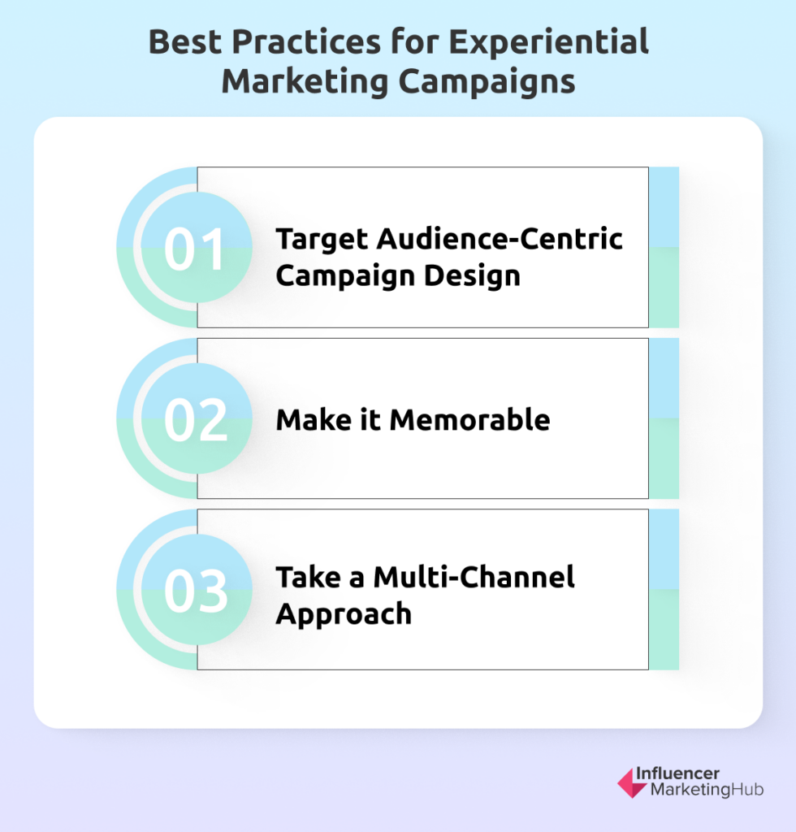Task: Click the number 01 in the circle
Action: pyautogui.click(x=194, y=249)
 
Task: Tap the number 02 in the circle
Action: pyautogui.click(x=196, y=420)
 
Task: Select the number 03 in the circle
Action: pyautogui.click(x=196, y=591)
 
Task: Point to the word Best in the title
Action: pyautogui.click(x=184, y=41)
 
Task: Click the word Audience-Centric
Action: pyautogui.click(x=500, y=238)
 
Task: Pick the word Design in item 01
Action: pyautogui.click(x=472, y=277)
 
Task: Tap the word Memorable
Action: pyautogui.click(x=469, y=420)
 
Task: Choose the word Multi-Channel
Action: pyautogui.click(x=474, y=577)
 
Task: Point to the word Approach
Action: pyautogui.click(x=344, y=615)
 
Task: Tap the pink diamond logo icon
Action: pyautogui.click(x=632, y=782)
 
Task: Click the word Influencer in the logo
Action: pyautogui.click(x=677, y=773)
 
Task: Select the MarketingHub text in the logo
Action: pyautogui.click(x=707, y=790)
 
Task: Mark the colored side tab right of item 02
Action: pyautogui.click(x=664, y=418)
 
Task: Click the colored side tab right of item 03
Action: pyautogui.click(x=664, y=589)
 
